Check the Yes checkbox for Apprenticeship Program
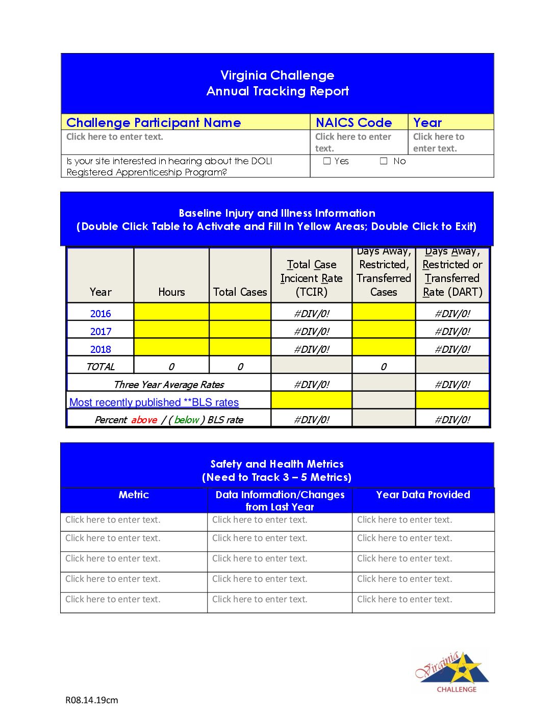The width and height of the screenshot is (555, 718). [x=327, y=161]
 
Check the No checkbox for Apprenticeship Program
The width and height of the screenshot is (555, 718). [x=384, y=161]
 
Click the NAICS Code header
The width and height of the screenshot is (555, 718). [x=354, y=122]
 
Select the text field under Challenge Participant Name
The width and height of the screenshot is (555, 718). [x=115, y=137]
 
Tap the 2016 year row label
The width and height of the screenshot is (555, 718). [x=100, y=314]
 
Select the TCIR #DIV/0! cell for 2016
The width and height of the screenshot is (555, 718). [x=312, y=314]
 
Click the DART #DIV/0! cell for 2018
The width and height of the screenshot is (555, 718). [x=452, y=349]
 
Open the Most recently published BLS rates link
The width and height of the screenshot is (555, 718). [x=154, y=402]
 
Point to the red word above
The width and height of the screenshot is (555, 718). [x=144, y=420]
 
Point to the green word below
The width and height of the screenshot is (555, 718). [x=186, y=420]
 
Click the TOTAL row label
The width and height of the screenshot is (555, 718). [x=100, y=367]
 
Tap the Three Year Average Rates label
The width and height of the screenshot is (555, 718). [x=169, y=384]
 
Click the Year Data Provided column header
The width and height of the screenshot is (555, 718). [x=423, y=495]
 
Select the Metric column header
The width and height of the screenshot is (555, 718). [x=134, y=495]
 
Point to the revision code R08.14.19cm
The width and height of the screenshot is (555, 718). [x=92, y=700]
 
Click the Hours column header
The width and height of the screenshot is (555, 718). [x=171, y=292]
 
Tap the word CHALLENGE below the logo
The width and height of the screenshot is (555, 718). [x=457, y=689]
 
